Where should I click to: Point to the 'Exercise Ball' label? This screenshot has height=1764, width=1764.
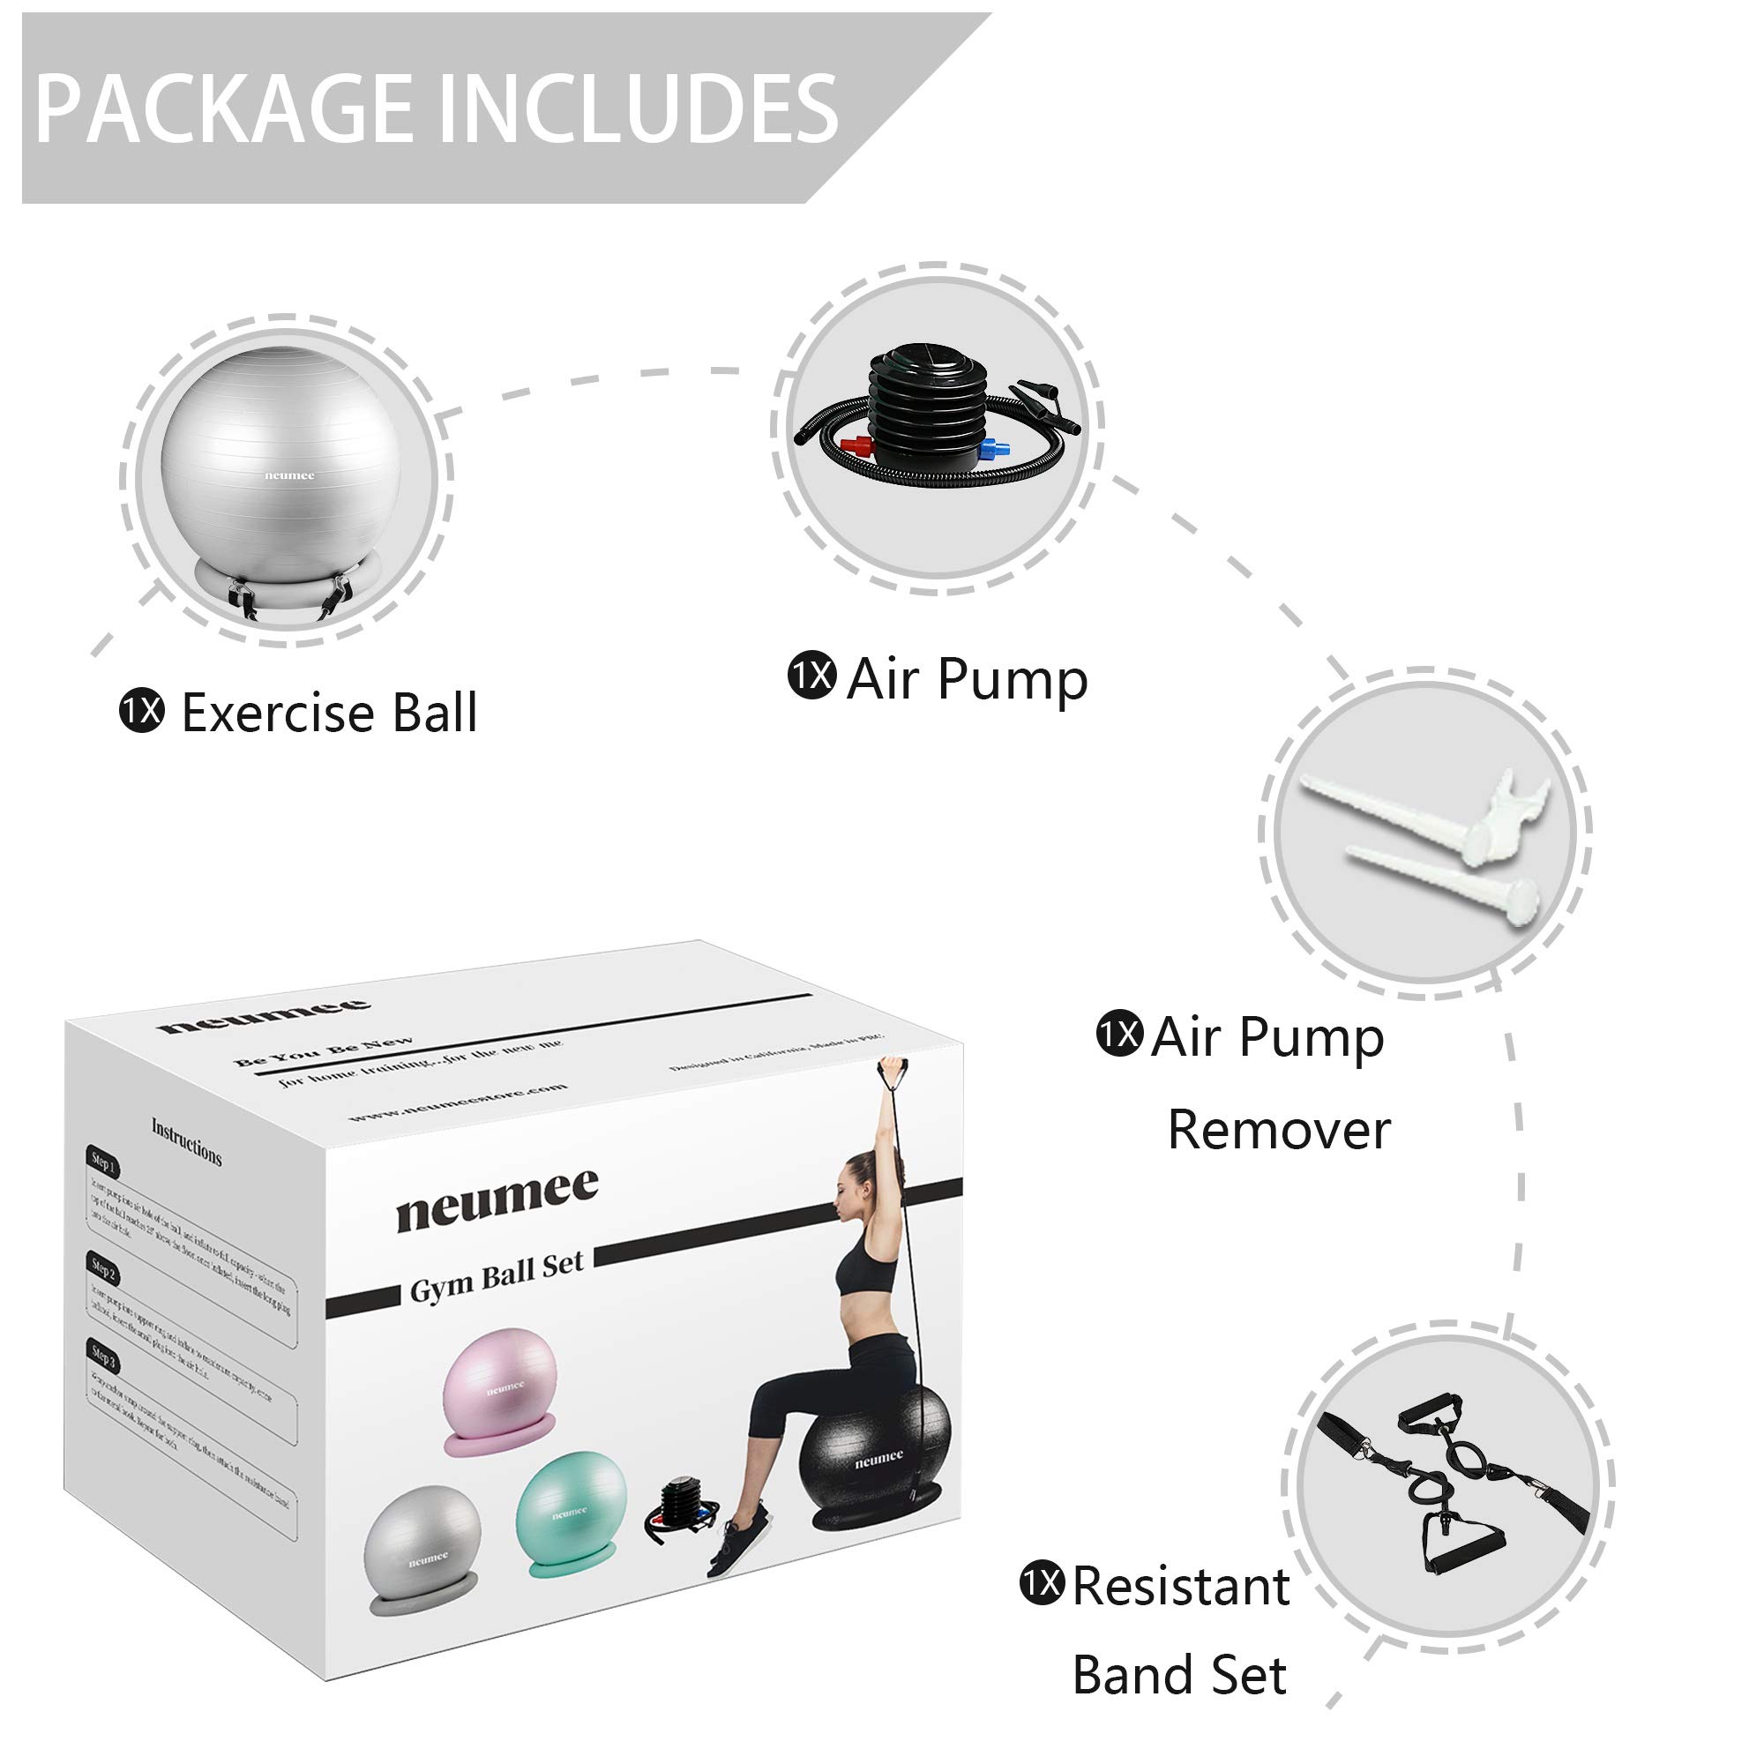click(x=329, y=713)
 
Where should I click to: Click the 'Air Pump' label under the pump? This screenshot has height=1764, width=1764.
click(x=967, y=679)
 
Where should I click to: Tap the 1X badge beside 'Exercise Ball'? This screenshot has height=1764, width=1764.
click(x=142, y=711)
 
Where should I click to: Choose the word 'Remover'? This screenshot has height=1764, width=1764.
click(x=1279, y=1131)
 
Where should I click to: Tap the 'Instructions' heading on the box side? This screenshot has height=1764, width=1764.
click(x=186, y=1141)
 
